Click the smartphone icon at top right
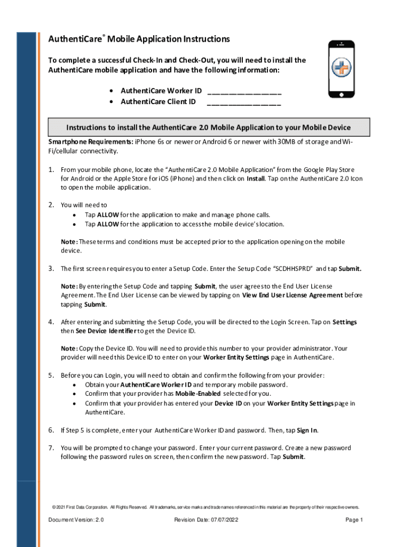(x=341, y=69)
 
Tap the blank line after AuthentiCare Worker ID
(x=244, y=91)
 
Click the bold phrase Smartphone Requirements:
(x=91, y=142)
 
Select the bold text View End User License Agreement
(x=293, y=295)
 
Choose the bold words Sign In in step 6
(x=307, y=431)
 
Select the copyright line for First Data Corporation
(x=205, y=507)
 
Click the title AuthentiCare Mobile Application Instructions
(x=139, y=40)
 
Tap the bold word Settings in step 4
(x=344, y=322)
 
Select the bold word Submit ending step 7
(x=294, y=457)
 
